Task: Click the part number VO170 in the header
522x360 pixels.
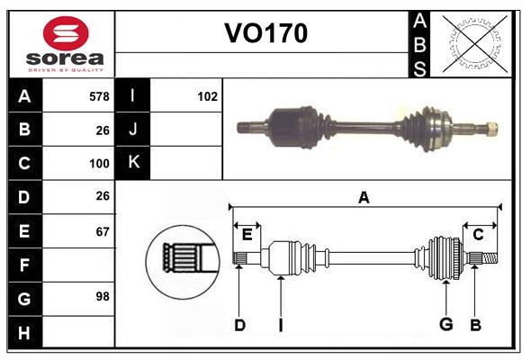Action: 265,33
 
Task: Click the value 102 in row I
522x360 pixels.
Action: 207,96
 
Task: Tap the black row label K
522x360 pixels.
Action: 134,163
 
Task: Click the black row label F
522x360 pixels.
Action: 24,265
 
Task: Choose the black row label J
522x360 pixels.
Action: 134,130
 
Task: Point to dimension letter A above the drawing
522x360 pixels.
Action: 364,198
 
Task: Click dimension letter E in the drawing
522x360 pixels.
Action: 247,235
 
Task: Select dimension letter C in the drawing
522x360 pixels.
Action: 478,235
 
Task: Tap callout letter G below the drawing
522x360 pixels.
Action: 445,325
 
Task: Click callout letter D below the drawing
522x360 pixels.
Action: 239,325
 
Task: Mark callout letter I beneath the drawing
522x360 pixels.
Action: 281,325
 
